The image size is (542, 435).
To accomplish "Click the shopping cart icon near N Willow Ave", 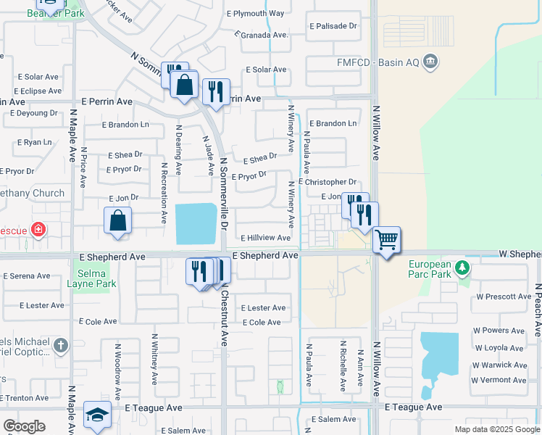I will pyautogui.click(x=387, y=239).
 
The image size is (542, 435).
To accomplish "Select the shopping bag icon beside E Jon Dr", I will pyautogui.click(x=117, y=220).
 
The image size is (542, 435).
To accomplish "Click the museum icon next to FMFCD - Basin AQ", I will pyautogui.click(x=430, y=61).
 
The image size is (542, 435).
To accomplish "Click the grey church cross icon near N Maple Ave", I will pyautogui.click(x=60, y=346).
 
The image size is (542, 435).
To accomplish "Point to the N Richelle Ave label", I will pyautogui.click(x=343, y=367).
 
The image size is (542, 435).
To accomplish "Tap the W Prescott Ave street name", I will pyautogui.click(x=504, y=297).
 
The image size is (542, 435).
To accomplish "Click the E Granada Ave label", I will pyautogui.click(x=262, y=34).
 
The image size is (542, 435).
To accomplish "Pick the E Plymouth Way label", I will pyautogui.click(x=255, y=13).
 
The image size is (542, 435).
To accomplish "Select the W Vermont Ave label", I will pyautogui.click(x=499, y=380).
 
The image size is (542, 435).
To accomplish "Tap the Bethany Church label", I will pyautogui.click(x=32, y=194).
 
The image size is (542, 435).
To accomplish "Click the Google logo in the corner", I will pyautogui.click(x=25, y=426).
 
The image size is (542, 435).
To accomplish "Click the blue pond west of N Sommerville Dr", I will pyautogui.click(x=196, y=223).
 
